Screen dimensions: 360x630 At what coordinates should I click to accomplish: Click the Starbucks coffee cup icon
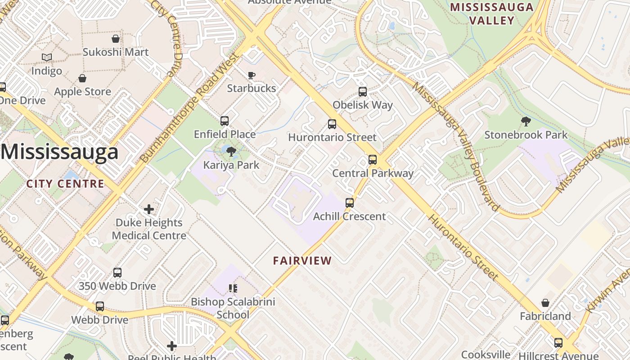[x=252, y=75]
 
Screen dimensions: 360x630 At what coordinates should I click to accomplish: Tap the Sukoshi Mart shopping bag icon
[x=116, y=39]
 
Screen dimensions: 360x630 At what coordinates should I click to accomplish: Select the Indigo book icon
[x=47, y=58]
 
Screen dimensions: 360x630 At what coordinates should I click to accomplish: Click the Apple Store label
[x=82, y=92]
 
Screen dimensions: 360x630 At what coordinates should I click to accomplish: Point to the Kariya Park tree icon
[x=231, y=151]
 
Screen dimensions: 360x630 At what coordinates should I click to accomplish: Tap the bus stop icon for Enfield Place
[x=225, y=121]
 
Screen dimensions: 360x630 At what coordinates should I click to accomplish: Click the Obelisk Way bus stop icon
[x=363, y=92]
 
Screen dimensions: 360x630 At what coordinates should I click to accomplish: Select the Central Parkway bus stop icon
[x=373, y=160]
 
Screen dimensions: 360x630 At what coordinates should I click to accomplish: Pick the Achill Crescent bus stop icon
[x=350, y=203]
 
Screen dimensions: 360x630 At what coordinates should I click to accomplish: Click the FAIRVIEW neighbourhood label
[x=302, y=261]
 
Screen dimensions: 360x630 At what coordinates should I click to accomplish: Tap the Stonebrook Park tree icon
[x=526, y=121]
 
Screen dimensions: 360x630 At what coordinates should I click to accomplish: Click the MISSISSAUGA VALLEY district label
[x=491, y=13]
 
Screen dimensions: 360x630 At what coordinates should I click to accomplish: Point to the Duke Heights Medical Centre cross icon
[x=149, y=209]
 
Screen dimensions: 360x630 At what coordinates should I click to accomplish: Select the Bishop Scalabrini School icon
[x=233, y=288]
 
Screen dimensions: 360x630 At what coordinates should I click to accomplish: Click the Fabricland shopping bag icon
[x=545, y=303]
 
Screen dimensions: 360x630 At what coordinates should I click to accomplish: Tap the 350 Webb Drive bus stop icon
[x=117, y=273]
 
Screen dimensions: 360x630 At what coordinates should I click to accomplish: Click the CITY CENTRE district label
[x=65, y=184]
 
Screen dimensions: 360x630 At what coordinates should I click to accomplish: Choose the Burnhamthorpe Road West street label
[x=189, y=108]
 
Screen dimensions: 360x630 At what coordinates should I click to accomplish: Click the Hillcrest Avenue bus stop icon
[x=558, y=343]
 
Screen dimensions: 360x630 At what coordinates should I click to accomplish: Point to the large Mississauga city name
[x=59, y=152]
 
